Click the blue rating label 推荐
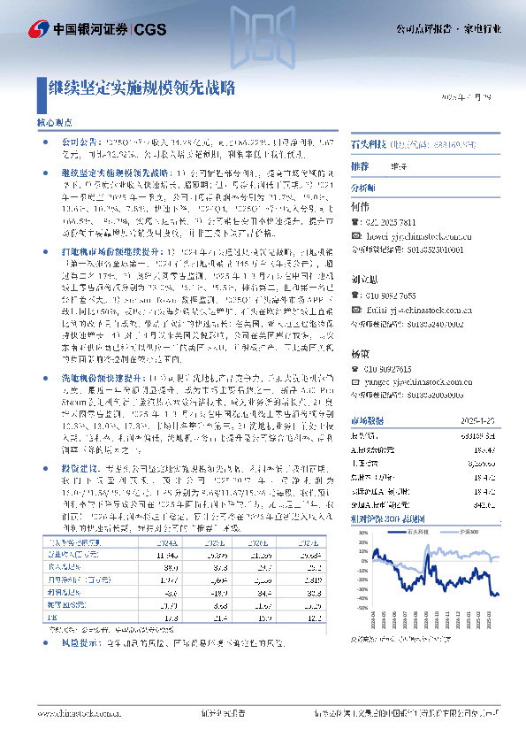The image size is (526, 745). [360, 165]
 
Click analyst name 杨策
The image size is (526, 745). [359, 353]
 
